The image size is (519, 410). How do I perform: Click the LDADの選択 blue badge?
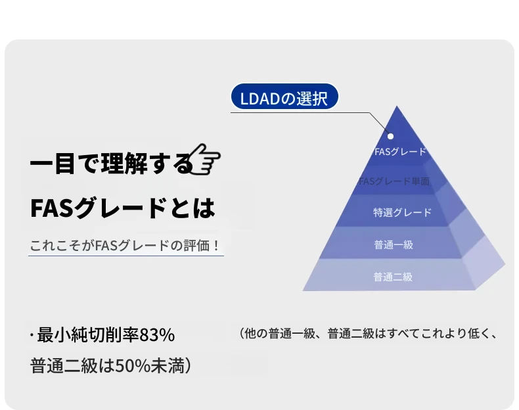click(x=284, y=97)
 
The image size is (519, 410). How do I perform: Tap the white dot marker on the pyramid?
click(x=391, y=136)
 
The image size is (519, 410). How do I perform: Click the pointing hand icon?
click(x=205, y=159)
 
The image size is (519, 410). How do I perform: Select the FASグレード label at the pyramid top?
click(x=400, y=152)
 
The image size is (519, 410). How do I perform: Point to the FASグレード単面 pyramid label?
click(x=394, y=181)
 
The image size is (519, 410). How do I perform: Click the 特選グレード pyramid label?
click(x=403, y=212)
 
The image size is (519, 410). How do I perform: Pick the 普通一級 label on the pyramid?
click(x=394, y=244)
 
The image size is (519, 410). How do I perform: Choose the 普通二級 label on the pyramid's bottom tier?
click(x=393, y=277)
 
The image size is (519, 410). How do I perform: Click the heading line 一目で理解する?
click(x=112, y=163)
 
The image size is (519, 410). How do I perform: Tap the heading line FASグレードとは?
click(x=122, y=208)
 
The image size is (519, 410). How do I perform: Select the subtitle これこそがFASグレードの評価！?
click(x=124, y=246)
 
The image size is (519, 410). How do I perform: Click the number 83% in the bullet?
click(x=157, y=334)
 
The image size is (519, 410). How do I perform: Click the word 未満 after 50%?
click(x=167, y=366)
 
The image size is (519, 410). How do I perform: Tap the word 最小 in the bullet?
click(x=54, y=334)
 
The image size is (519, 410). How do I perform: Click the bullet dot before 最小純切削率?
click(x=32, y=335)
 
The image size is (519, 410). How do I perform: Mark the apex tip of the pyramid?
click(x=397, y=106)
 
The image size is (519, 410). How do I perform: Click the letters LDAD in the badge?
click(x=260, y=99)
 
